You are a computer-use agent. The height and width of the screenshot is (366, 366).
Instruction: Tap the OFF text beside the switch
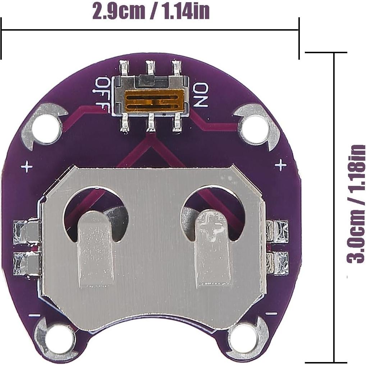click(x=103, y=94)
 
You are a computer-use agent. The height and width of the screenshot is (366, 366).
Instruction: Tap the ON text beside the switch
click(x=200, y=95)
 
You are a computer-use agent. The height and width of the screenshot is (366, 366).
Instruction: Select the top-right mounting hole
click(x=255, y=128)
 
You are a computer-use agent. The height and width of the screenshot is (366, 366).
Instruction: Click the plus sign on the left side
click(x=26, y=167)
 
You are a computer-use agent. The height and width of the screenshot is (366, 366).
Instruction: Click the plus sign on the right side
click(x=280, y=165)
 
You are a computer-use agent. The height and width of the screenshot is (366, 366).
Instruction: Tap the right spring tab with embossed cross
click(x=212, y=248)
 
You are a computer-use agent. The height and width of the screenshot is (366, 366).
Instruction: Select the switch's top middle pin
click(x=150, y=68)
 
